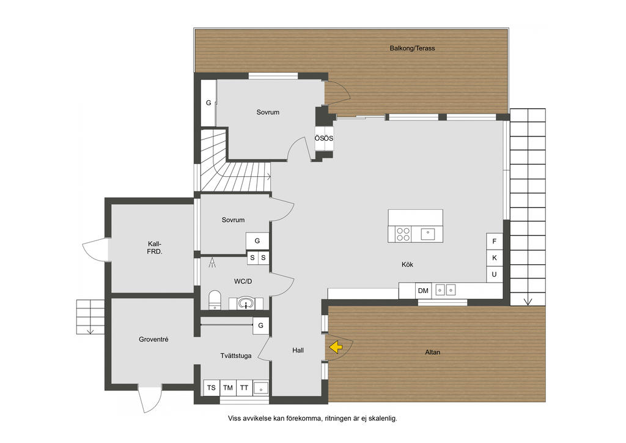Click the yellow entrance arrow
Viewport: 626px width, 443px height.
pyautogui.click(x=336, y=347)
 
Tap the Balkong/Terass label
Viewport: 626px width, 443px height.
pyautogui.click(x=413, y=48)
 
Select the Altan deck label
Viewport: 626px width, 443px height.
pyautogui.click(x=433, y=352)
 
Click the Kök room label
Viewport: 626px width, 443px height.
pyautogui.click(x=407, y=264)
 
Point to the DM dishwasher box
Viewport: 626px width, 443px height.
pyautogui.click(x=423, y=291)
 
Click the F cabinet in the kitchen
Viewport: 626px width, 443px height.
pyautogui.click(x=494, y=241)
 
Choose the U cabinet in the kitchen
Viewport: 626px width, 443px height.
pyautogui.click(x=494, y=275)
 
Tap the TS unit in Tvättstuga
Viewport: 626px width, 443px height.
pyautogui.click(x=211, y=387)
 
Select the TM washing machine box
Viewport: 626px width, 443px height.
pyautogui.click(x=228, y=387)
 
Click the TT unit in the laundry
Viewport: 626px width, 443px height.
pyautogui.click(x=245, y=387)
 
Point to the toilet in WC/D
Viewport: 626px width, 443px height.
pyautogui.click(x=215, y=300)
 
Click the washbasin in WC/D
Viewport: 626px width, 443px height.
pyautogui.click(x=246, y=303)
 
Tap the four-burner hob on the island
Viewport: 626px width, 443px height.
pyautogui.click(x=403, y=234)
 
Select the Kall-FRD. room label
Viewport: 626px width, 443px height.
pyautogui.click(x=155, y=248)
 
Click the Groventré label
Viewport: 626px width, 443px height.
pyautogui.click(x=153, y=340)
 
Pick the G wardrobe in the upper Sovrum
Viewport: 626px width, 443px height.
pyautogui.click(x=208, y=103)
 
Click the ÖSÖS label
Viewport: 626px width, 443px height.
pyautogui.click(x=324, y=139)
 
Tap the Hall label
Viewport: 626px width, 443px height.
pyautogui.click(x=298, y=351)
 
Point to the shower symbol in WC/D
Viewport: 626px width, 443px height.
pyautogui.click(x=212, y=262)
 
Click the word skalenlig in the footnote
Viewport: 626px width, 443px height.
pyautogui.click(x=383, y=419)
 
